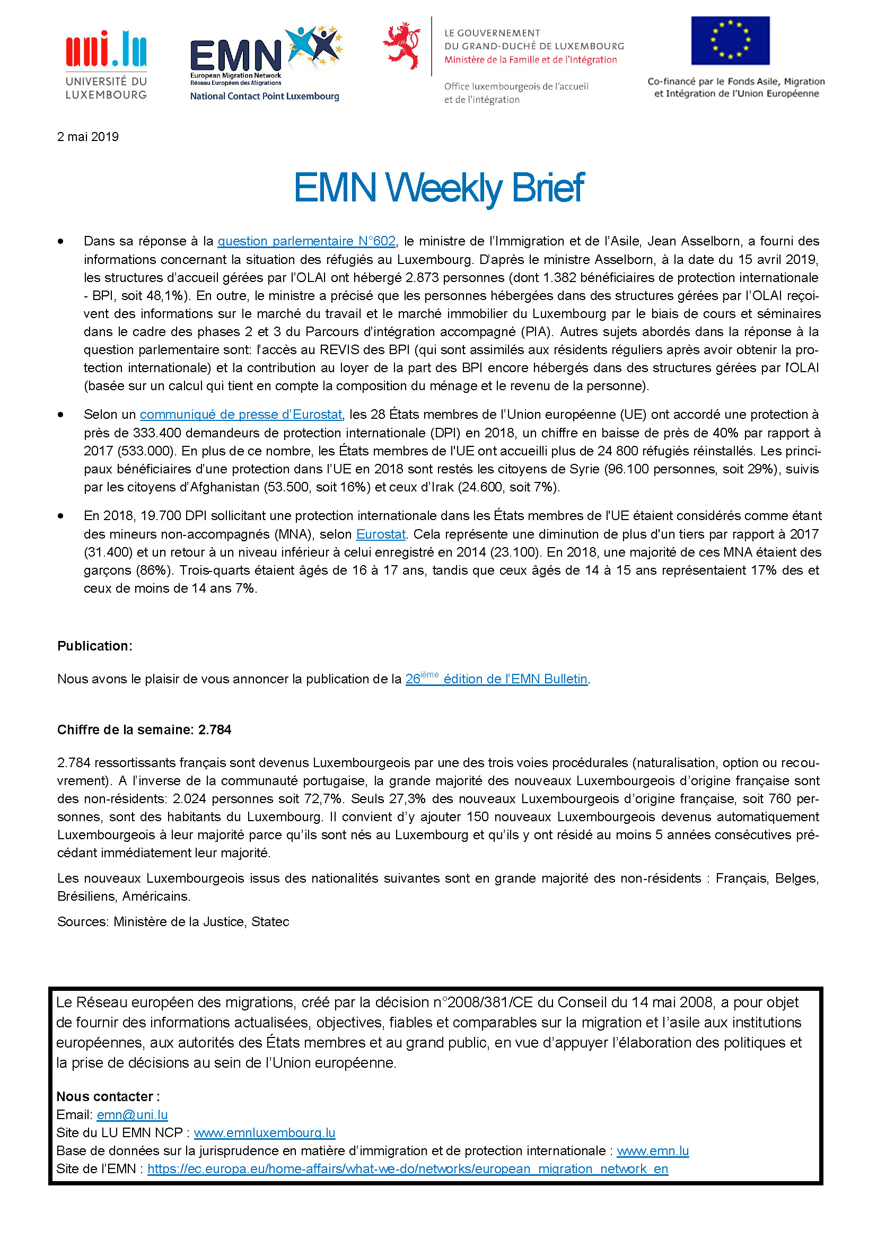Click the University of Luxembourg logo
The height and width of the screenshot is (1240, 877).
coord(106,65)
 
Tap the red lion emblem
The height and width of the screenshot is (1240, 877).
coord(401,46)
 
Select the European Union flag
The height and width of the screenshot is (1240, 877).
coord(730,40)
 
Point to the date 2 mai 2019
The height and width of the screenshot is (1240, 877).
coord(88,137)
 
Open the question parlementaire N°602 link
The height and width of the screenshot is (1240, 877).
coord(306,241)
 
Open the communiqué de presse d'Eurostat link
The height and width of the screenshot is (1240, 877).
coord(241,414)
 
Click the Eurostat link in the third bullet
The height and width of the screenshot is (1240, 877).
coord(381,534)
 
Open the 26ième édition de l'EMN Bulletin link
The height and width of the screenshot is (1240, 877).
coord(496,679)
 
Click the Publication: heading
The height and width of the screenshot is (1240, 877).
coord(94,646)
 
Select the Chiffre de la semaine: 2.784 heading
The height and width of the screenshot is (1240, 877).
coord(144,729)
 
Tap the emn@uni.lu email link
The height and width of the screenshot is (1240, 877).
coord(133,1115)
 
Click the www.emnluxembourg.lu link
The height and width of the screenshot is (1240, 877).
coord(265,1132)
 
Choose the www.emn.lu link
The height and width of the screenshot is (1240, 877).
coord(652,1151)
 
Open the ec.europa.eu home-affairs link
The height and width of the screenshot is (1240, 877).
coord(408,1169)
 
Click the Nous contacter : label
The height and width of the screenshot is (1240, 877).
coord(108,1096)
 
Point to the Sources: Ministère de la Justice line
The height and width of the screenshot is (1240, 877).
coord(173,921)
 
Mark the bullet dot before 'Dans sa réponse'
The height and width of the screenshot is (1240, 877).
coord(60,241)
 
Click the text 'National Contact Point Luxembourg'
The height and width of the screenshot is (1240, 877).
coord(265,96)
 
